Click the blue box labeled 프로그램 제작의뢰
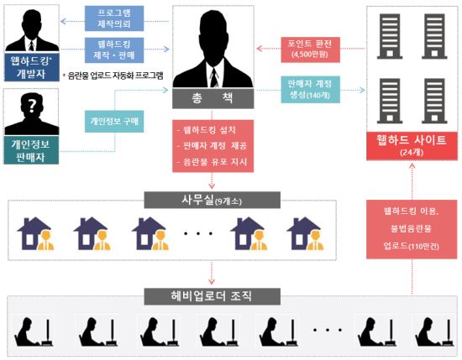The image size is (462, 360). (114, 18)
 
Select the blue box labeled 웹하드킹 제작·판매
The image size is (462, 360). (114, 50)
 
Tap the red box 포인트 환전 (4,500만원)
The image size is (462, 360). (310, 50)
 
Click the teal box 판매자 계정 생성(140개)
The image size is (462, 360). (310, 90)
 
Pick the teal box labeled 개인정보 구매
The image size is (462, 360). (114, 122)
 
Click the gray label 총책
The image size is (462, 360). (213, 98)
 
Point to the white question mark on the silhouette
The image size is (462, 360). (32, 105)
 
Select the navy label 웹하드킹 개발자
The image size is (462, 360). (32, 67)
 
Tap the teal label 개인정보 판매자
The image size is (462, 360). (31, 150)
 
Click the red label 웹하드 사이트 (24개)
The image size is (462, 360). (412, 146)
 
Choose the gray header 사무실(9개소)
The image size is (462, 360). (213, 201)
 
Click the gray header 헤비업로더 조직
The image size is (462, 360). (213, 296)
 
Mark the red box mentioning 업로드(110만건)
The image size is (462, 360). (412, 229)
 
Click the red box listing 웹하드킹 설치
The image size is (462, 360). (213, 146)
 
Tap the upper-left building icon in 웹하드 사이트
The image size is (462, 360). (390, 36)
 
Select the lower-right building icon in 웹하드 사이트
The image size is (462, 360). (434, 101)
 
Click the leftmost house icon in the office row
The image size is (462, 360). (35, 234)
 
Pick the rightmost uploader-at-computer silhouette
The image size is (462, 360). (434, 331)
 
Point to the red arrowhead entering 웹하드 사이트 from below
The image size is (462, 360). (412, 166)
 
